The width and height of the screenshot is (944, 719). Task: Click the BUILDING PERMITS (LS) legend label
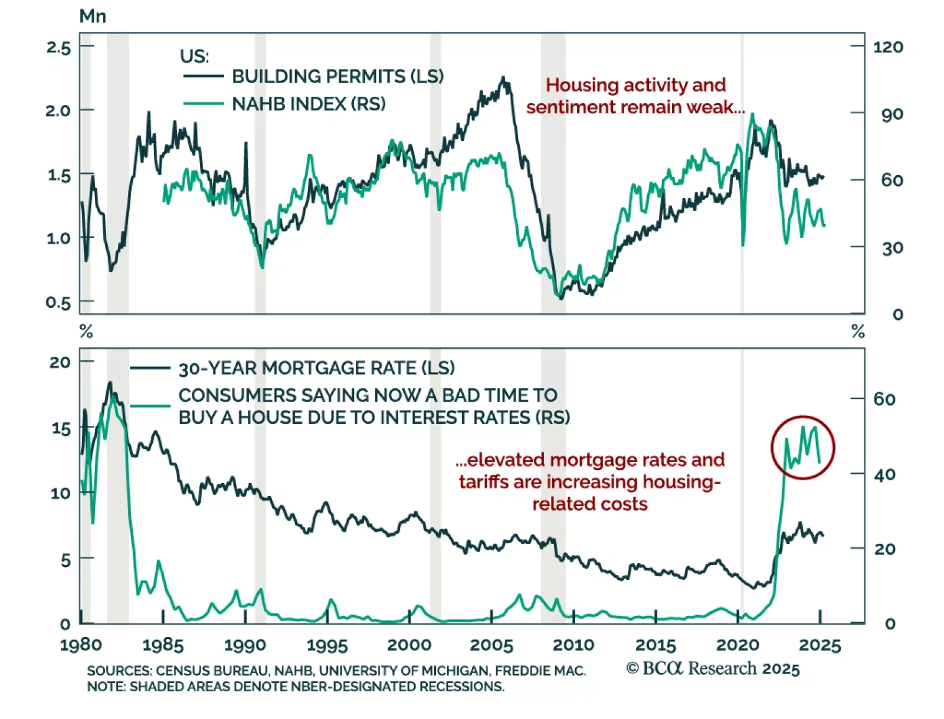[x=337, y=77]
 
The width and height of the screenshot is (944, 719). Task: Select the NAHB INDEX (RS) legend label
[x=309, y=104]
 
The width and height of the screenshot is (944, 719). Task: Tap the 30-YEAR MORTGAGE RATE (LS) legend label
[x=316, y=369]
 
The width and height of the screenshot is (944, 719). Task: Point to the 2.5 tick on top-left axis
[x=58, y=48]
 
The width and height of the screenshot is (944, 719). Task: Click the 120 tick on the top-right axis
[x=887, y=47]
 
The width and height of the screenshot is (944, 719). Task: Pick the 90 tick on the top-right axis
[x=891, y=114]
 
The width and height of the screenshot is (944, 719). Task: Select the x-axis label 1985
[x=163, y=645]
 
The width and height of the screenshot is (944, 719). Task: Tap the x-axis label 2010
[x=573, y=645]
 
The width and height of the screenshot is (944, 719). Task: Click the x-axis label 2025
[x=820, y=645]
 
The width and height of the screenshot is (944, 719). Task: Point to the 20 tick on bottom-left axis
[x=60, y=362]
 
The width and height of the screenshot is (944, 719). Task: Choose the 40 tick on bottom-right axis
[x=884, y=474]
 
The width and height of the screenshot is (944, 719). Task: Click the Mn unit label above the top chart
[x=93, y=17]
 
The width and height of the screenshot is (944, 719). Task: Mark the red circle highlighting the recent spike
[x=803, y=448]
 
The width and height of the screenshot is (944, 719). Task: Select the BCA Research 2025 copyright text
[x=713, y=668]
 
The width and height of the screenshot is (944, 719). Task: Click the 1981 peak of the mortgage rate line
[x=109, y=383]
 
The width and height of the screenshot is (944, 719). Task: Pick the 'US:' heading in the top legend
[x=194, y=57]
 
